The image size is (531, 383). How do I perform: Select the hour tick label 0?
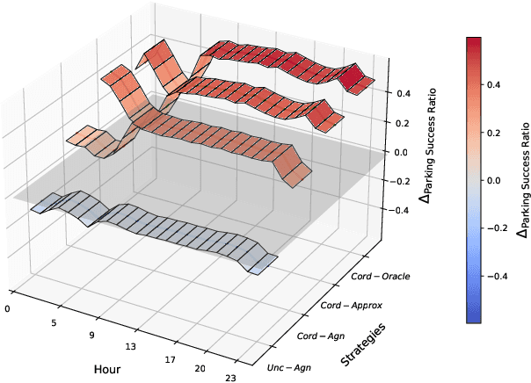(x=7, y=308)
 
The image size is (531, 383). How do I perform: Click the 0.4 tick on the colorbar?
(x=494, y=86)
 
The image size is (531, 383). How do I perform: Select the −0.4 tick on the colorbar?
(x=496, y=274)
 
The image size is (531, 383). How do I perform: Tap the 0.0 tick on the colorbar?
(x=494, y=180)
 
